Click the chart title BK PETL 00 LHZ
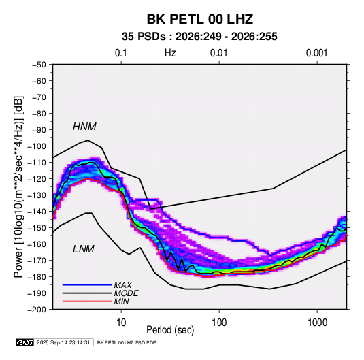199,19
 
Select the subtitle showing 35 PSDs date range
199,37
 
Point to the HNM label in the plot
84,127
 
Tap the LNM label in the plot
84,249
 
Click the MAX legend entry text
123,284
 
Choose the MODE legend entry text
127,293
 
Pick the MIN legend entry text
121,301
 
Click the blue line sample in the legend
87,285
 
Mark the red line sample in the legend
87,301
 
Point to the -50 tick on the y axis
39,65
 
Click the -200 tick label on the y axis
37,310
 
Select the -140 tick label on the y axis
37,212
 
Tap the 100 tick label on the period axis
219,323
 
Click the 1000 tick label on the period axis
317,323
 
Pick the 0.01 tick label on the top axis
218,53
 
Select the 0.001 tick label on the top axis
316,53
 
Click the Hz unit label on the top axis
170,53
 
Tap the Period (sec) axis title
170,330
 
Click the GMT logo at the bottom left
24,342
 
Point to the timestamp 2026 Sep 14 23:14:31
63,342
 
